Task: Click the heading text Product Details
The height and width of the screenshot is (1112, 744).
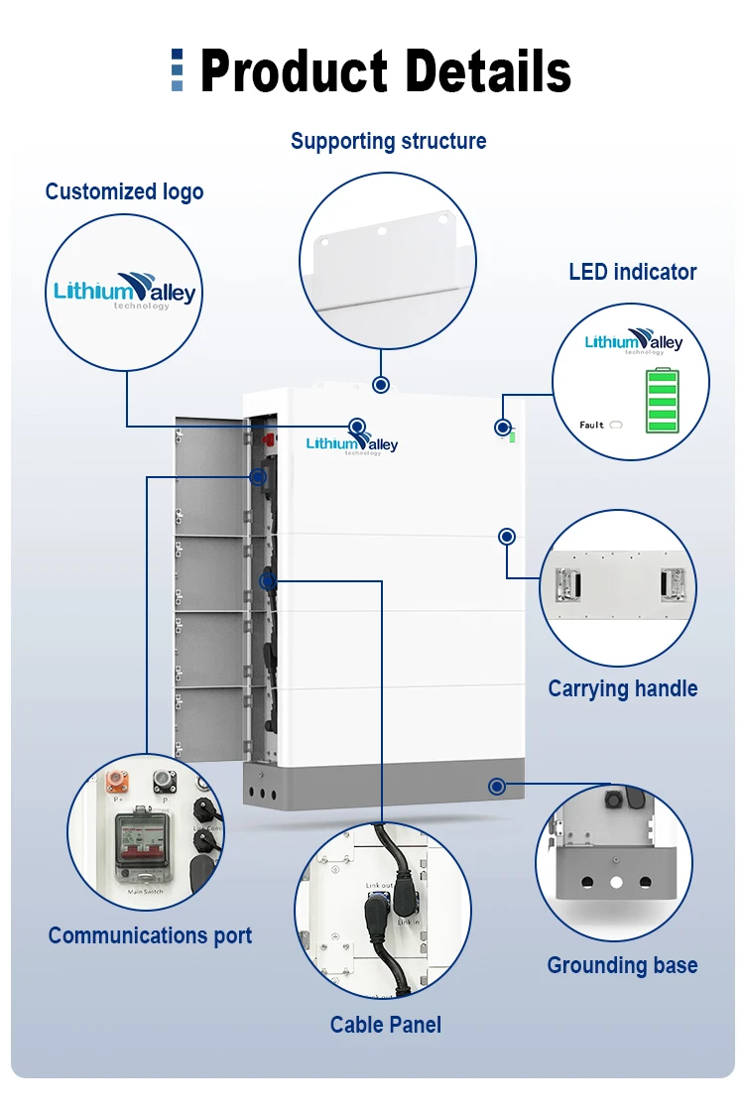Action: (x=385, y=72)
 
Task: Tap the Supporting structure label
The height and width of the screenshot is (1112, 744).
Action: (x=388, y=141)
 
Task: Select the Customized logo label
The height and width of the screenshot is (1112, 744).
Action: (x=124, y=191)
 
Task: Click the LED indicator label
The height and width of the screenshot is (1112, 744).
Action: (x=632, y=272)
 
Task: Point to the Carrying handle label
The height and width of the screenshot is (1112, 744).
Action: (x=622, y=688)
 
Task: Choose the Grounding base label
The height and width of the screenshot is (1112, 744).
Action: (x=622, y=965)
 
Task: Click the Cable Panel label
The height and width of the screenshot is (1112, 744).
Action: (x=386, y=1025)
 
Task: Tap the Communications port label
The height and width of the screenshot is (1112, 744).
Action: (x=150, y=935)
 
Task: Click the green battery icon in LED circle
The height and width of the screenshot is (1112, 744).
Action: (x=662, y=401)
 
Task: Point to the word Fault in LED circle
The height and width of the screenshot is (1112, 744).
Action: (x=591, y=425)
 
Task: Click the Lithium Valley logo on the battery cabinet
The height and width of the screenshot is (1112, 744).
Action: (x=352, y=443)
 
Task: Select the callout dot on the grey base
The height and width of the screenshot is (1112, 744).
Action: (x=497, y=787)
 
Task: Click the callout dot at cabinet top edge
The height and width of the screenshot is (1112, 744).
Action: (x=380, y=385)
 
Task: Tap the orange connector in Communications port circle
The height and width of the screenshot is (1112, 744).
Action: (x=118, y=778)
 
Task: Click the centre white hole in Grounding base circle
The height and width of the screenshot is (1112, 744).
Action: (x=616, y=881)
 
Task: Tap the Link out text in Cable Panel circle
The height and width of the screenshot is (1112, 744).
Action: (x=379, y=885)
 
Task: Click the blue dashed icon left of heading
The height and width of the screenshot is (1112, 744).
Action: (x=177, y=70)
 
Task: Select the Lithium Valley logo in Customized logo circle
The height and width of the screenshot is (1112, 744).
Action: (x=124, y=291)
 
